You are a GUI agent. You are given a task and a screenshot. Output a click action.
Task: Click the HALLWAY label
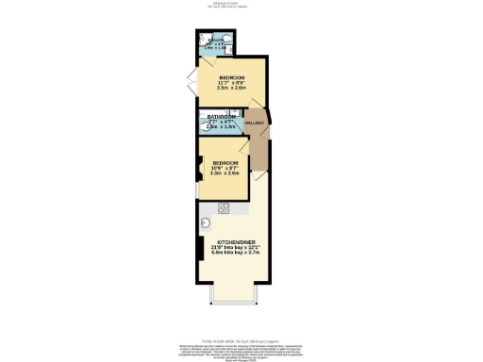253,123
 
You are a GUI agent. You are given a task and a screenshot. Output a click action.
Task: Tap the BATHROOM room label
222,117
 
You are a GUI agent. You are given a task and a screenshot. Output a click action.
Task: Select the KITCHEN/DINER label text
234,240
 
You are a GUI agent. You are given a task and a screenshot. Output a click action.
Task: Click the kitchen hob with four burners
226,208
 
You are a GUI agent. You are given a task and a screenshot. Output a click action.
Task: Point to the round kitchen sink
205,223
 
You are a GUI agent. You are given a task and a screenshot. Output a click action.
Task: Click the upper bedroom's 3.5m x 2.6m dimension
232,89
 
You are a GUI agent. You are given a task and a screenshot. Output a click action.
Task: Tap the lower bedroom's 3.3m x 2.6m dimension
225,173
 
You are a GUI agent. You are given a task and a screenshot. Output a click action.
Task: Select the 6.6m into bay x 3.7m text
234,253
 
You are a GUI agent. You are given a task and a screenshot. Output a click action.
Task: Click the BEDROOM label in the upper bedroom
232,76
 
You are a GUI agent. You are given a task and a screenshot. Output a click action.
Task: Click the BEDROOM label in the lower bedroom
225,162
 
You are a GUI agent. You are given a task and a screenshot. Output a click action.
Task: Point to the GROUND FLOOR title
241,4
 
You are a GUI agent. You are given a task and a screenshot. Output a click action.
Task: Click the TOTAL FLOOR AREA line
241,339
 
